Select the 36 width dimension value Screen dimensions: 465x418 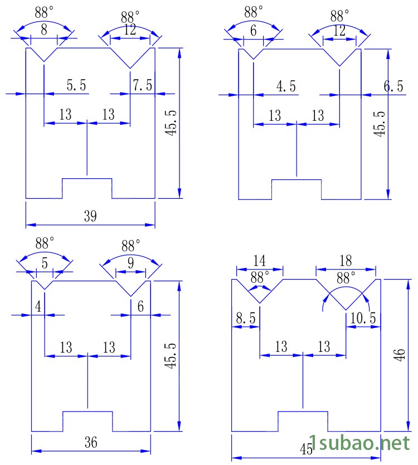click(91, 443)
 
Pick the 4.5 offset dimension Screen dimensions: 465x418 click(286, 86)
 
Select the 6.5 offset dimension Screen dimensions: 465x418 click(393, 86)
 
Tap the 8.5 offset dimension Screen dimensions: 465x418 click(246, 318)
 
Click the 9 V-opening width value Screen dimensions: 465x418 click(130, 262)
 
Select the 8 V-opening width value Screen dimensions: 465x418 click(44, 29)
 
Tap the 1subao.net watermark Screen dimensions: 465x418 click(360, 444)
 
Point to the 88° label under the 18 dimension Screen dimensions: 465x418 click(346, 277)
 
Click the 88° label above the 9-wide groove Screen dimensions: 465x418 click(130, 245)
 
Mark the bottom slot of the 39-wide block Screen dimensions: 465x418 click(87, 188)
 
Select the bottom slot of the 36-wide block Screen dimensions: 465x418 click(88, 421)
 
